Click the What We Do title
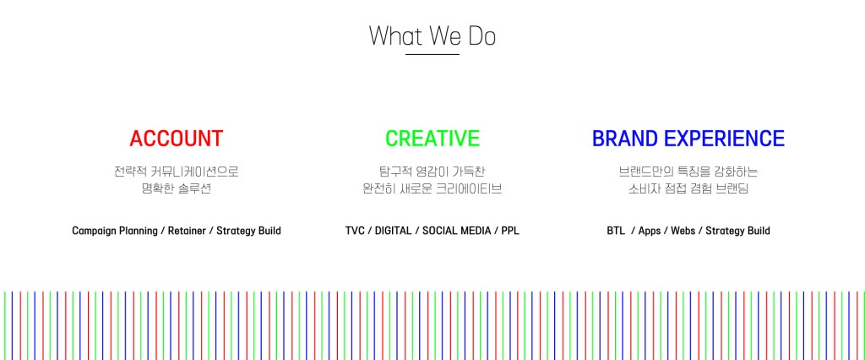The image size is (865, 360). [432, 35]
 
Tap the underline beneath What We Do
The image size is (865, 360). [432, 54]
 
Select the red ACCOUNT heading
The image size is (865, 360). [177, 139]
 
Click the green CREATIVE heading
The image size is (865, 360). [432, 139]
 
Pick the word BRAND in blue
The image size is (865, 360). [626, 139]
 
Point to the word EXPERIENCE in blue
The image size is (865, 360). [725, 139]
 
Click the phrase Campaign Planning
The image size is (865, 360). [115, 231]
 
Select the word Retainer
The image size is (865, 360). [187, 231]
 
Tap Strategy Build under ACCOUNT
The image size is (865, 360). [249, 231]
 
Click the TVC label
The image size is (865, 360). [355, 231]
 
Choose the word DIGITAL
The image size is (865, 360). [394, 231]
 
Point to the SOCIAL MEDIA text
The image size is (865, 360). [457, 231]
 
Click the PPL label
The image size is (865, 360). [510, 231]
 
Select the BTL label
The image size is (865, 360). [616, 231]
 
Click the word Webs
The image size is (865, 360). [683, 231]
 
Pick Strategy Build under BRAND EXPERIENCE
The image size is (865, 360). [738, 231]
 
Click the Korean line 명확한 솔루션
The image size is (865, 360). [177, 188]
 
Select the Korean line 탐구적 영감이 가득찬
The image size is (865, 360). [432, 172]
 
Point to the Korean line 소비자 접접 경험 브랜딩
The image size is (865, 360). [688, 188]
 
